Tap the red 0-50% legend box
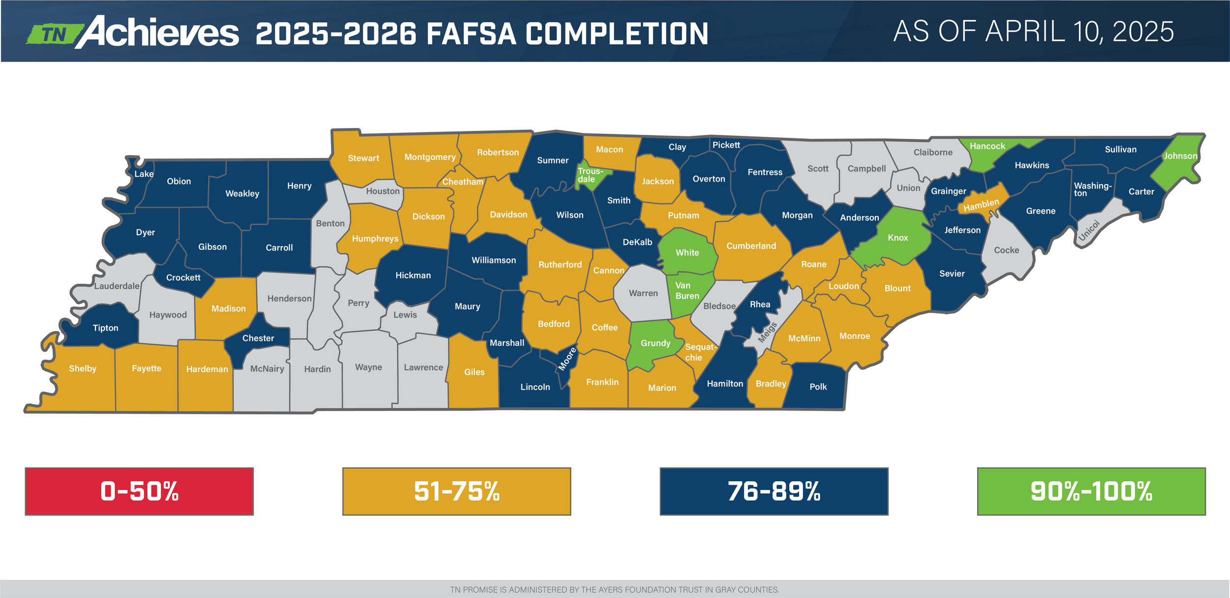pyautogui.click(x=139, y=491)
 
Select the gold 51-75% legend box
pyautogui.click(x=457, y=491)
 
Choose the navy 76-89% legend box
pyautogui.click(x=774, y=491)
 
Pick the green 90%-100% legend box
pyautogui.click(x=1091, y=491)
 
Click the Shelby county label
pyautogui.click(x=83, y=369)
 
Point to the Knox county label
pyautogui.click(x=898, y=238)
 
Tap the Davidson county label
pyautogui.click(x=509, y=215)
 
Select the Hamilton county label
pyautogui.click(x=725, y=383)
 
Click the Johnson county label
pyautogui.click(x=1180, y=156)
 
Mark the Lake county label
pyautogui.click(x=144, y=174)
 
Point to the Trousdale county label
pyautogui.click(x=589, y=175)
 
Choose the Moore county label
pyautogui.click(x=567, y=359)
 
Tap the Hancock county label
pyautogui.click(x=987, y=146)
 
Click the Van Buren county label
pyautogui.click(x=687, y=291)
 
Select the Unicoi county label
pyautogui.click(x=1088, y=230)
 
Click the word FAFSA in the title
pyautogui.click(x=471, y=34)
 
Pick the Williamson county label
pyautogui.click(x=493, y=260)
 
